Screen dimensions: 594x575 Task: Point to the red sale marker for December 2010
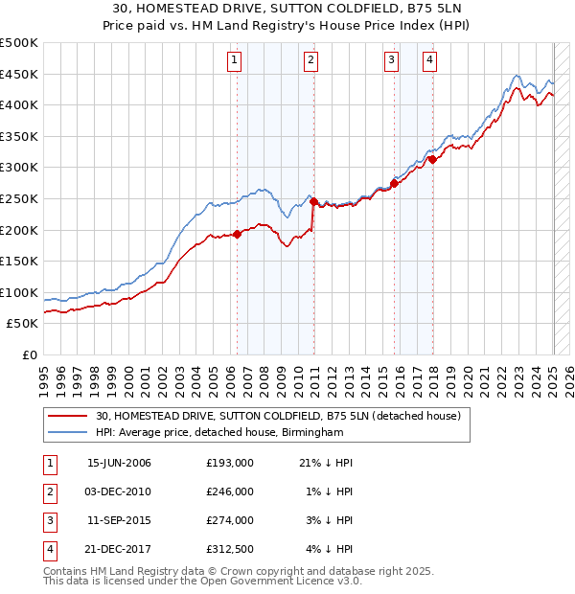click(x=313, y=201)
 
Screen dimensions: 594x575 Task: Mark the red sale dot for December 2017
click(x=432, y=160)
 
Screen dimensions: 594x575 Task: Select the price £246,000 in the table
click(x=230, y=491)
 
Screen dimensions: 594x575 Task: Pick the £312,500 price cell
click(x=230, y=549)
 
